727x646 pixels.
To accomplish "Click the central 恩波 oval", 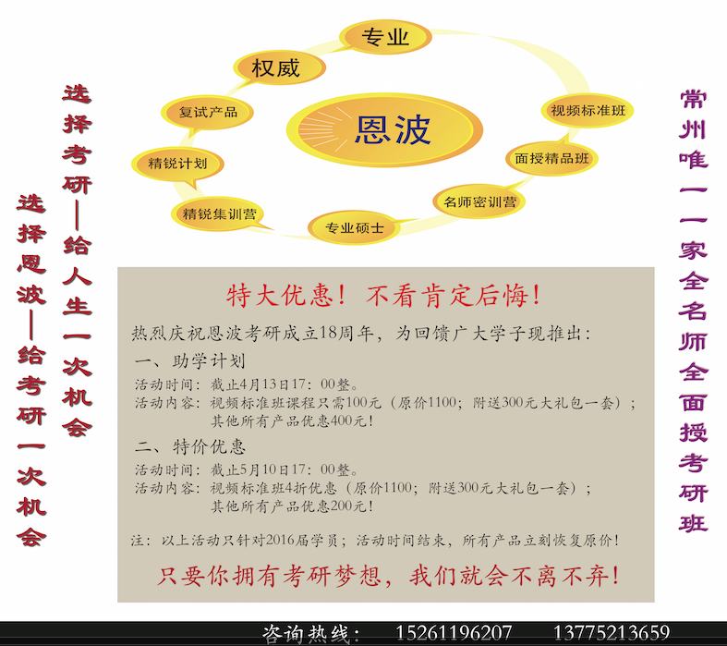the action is click(x=384, y=130).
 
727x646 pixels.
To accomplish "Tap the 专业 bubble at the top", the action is click(x=385, y=37).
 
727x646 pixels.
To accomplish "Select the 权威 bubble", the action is click(x=279, y=67).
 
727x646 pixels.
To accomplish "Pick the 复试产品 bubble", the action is click(x=207, y=113).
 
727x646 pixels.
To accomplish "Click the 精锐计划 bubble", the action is click(x=177, y=165).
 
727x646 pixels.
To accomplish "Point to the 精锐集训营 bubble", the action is click(x=218, y=213).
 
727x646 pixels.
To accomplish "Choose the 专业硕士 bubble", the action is click(x=354, y=227).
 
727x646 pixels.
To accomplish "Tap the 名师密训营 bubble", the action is click(x=479, y=201).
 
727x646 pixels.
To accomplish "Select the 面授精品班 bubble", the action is click(x=551, y=159).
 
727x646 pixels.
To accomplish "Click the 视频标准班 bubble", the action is click(x=588, y=110).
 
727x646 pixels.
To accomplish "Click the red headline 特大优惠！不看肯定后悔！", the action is click(x=384, y=296).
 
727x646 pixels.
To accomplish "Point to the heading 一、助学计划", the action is click(x=189, y=360).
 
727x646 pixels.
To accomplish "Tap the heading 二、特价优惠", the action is click(x=189, y=446).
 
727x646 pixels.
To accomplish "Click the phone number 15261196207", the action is click(x=454, y=633).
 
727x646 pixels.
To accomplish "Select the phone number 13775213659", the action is click(x=612, y=633).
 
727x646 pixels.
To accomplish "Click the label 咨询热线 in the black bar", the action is click(x=305, y=634).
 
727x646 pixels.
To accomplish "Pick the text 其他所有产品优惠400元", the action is click(x=288, y=421).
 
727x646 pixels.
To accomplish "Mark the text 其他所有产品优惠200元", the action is click(x=288, y=506).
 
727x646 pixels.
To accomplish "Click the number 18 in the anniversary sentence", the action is click(x=328, y=334).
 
